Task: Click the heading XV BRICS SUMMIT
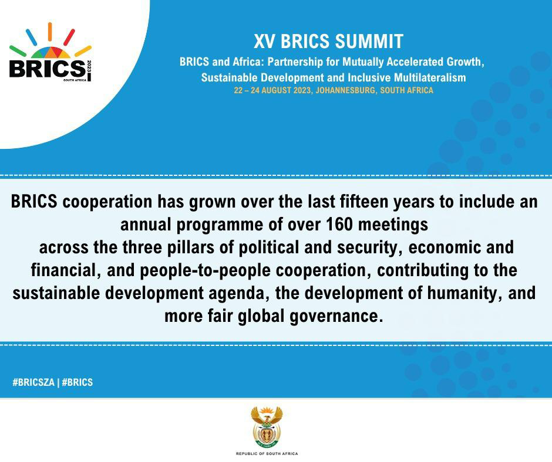tap(328, 42)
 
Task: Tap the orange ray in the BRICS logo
tap(50, 32)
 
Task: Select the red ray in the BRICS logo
tap(69, 37)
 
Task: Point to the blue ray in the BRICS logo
tap(31, 37)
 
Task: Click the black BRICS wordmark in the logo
tap(47, 69)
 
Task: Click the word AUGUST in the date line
tap(275, 90)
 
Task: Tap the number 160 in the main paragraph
tap(339, 225)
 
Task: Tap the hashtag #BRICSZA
tap(33, 382)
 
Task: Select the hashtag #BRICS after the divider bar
tap(78, 382)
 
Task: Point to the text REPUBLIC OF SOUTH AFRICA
tap(267, 454)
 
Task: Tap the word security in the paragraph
tap(369, 247)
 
